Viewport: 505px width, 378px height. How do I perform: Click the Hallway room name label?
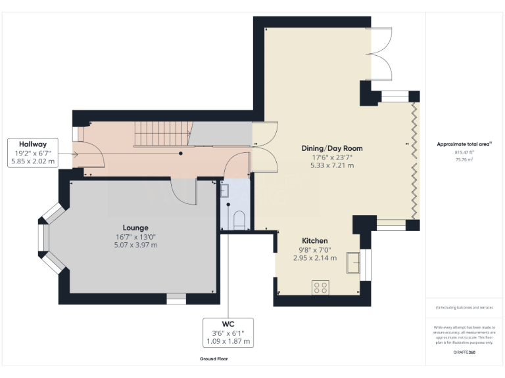(x=33, y=144)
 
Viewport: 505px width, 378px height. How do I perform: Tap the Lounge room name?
(x=135, y=228)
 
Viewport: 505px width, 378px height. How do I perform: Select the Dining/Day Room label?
(x=332, y=148)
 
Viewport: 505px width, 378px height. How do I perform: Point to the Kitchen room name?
(x=314, y=241)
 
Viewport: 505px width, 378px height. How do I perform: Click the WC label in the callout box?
(x=228, y=324)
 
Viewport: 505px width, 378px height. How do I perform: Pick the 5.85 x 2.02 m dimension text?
(x=33, y=161)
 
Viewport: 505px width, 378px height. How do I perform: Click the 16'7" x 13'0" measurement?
(x=135, y=236)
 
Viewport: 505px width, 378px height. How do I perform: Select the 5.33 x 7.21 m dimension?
(x=332, y=165)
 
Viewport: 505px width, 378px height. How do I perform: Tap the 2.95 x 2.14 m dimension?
(x=314, y=258)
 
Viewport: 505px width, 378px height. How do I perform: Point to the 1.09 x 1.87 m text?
(x=228, y=341)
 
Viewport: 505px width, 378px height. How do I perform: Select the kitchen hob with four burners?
(x=320, y=287)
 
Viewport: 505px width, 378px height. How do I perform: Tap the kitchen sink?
(x=353, y=262)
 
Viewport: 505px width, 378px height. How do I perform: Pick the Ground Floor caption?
(x=215, y=359)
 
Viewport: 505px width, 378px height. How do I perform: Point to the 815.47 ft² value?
(x=464, y=152)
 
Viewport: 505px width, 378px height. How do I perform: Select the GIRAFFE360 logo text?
(x=464, y=353)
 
